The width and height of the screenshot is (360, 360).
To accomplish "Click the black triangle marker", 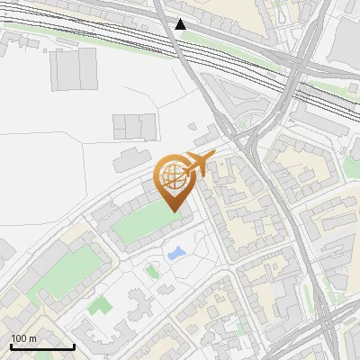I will coord(181,24).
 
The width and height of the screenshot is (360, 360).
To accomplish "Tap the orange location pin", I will coord(175,185).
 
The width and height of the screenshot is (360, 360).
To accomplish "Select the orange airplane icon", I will coord(199,163).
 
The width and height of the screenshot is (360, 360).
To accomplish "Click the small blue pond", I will coord(176,253).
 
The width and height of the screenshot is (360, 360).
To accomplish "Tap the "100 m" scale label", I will coord(24,338).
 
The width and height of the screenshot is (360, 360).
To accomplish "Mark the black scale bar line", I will coord(42,346).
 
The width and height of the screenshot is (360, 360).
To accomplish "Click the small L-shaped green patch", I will coord(98,306).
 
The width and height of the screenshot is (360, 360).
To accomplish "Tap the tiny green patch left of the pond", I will coord(151,268).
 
